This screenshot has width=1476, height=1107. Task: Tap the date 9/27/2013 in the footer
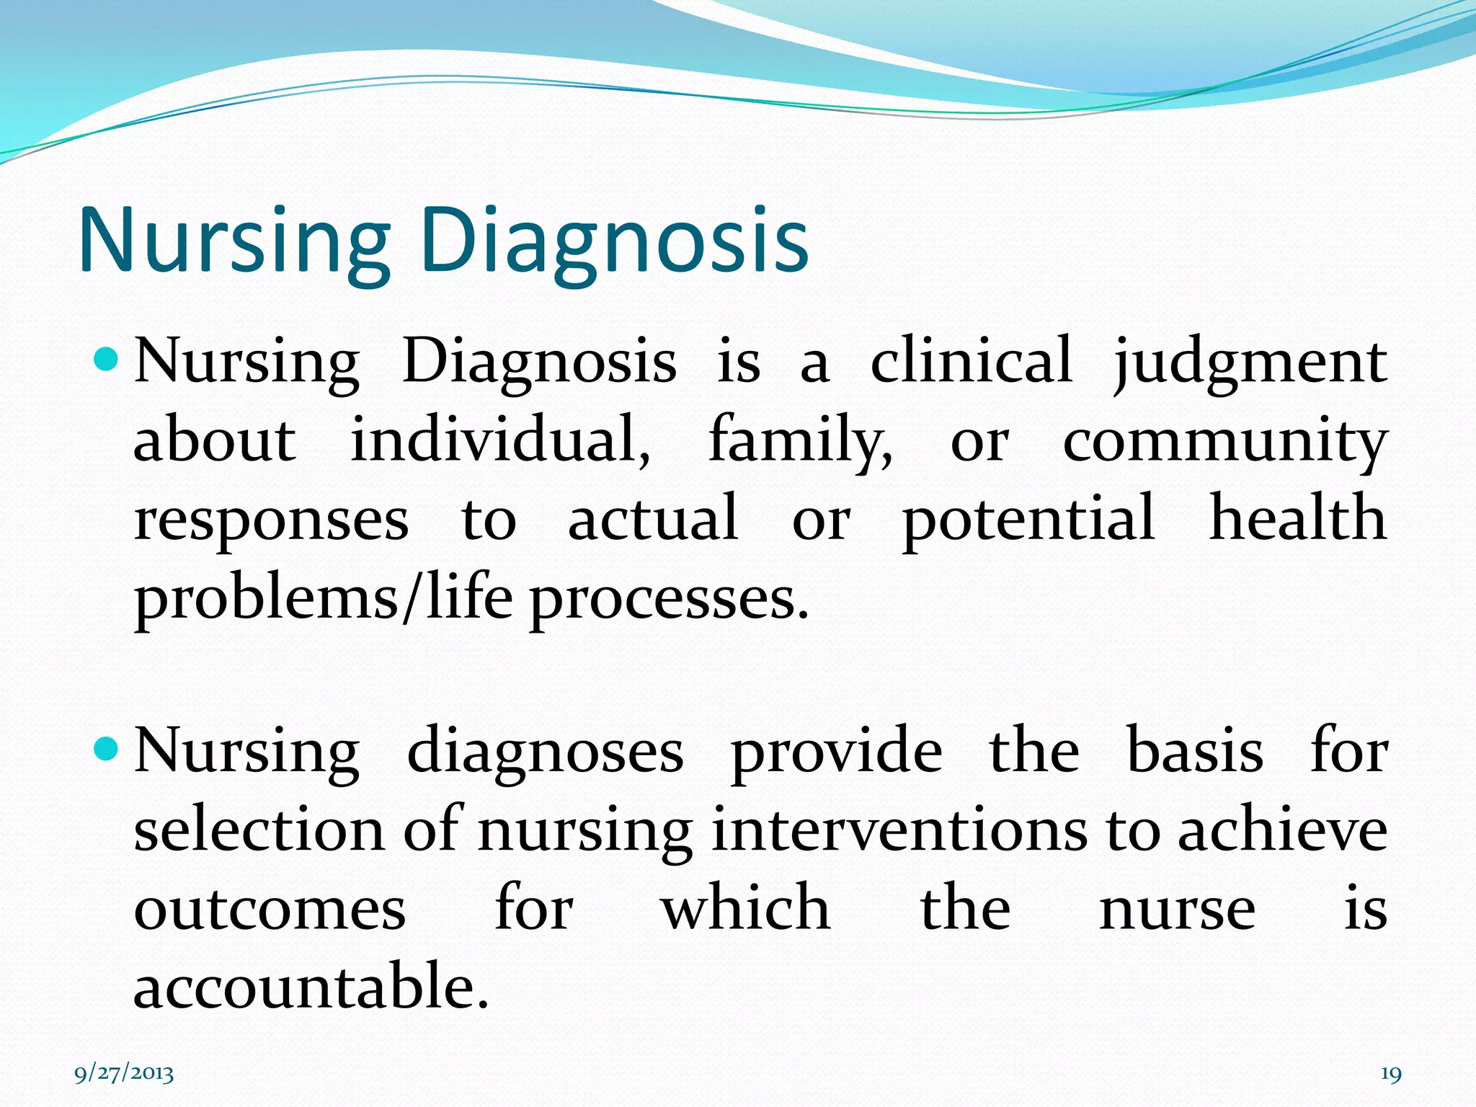(124, 1074)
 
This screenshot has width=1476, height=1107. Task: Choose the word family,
(800, 441)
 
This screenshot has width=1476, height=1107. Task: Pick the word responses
(271, 520)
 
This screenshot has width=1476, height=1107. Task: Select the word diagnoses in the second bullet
(545, 753)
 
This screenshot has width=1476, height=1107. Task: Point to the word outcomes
(270, 910)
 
